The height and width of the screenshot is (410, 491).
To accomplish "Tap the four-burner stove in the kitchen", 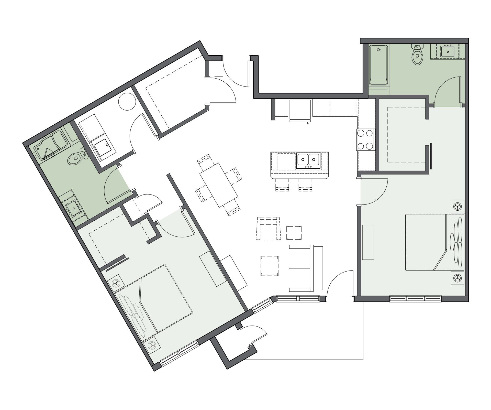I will click(365, 140).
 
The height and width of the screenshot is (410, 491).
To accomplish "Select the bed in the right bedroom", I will click(434, 242).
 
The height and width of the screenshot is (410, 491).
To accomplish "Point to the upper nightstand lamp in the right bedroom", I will click(457, 206).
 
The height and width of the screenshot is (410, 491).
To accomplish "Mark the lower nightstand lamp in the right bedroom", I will click(457, 278).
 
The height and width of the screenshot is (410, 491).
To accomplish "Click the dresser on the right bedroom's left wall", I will click(368, 242).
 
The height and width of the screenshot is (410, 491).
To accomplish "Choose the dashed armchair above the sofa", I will click(269, 228).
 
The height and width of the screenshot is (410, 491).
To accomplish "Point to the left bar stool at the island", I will click(282, 185).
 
